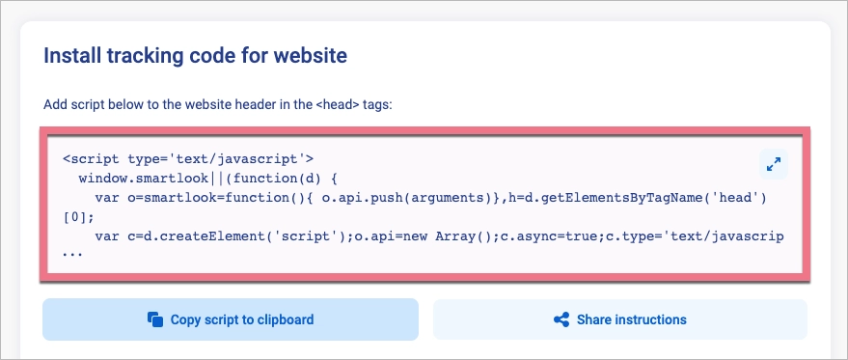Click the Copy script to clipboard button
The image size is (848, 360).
[x=230, y=319]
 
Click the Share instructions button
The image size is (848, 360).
[x=619, y=319]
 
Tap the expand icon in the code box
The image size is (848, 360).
[x=773, y=164]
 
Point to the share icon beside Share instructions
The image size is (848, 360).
[x=561, y=319]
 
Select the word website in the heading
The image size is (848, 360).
[x=309, y=55]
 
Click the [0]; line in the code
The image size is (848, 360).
[x=78, y=217]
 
